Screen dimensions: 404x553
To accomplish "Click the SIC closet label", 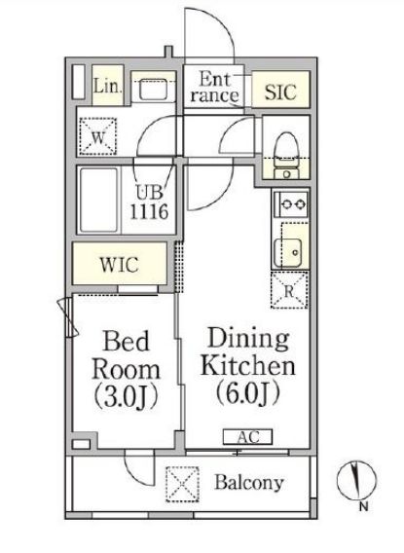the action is [x=280, y=92].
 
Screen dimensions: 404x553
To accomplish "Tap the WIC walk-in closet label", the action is [x=119, y=265].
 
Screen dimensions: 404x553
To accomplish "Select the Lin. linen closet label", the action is [x=108, y=86].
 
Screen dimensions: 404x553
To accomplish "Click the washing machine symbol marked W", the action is [x=97, y=136].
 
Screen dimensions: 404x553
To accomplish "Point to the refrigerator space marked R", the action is [x=289, y=290].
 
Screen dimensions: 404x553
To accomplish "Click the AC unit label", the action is [x=248, y=436].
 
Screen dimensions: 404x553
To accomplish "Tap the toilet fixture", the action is [x=286, y=155].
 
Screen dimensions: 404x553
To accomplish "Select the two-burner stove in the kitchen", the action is [x=291, y=203].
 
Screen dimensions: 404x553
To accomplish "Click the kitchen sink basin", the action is [x=288, y=253].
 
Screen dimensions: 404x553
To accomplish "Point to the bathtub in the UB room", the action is [x=99, y=200].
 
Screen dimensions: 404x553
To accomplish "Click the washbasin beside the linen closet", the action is [x=153, y=90].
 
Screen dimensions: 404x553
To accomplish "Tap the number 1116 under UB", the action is [x=149, y=212].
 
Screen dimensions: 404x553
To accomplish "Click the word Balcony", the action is [x=249, y=483].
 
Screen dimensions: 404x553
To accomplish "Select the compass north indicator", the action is [x=356, y=480].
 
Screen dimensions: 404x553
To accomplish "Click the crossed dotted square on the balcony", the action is [x=182, y=484].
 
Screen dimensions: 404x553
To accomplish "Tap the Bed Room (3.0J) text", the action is [x=126, y=370].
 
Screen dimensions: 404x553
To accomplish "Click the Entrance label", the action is [x=214, y=87].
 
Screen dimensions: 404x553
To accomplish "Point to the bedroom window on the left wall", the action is [x=68, y=317].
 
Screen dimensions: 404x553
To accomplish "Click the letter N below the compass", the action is [x=364, y=507].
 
